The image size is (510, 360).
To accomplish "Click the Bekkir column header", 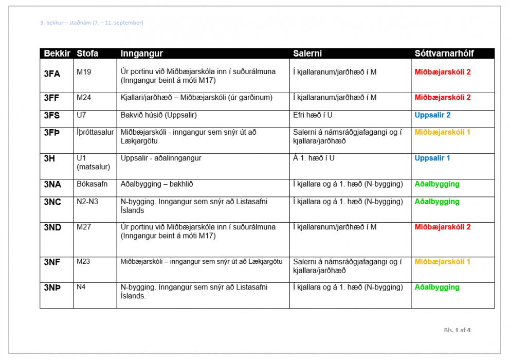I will [57, 53].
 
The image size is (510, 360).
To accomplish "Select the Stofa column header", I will [87, 53].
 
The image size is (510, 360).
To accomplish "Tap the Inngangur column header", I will [141, 53].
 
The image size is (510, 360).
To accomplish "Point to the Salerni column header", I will [307, 53].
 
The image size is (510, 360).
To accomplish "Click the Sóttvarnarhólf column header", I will [444, 53].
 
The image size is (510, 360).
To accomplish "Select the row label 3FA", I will [52, 74].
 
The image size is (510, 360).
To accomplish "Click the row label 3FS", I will [52, 115].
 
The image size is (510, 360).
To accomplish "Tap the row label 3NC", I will [52, 202].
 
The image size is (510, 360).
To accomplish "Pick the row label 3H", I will [49, 158].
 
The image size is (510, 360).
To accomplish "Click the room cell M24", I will [84, 97].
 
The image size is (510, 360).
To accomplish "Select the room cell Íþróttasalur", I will [95, 132].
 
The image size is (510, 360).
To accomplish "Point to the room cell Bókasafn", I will [92, 184].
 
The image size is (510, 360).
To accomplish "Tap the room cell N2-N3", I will [87, 202].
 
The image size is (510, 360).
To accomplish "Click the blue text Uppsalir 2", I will [432, 115].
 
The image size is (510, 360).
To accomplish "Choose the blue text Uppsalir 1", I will [432, 158].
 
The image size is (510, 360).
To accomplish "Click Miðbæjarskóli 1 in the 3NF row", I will [442, 262].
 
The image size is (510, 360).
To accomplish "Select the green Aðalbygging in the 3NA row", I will [437, 184].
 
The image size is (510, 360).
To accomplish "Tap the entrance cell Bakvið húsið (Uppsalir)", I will [158, 115].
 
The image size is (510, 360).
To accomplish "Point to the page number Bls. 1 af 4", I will [457, 330].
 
